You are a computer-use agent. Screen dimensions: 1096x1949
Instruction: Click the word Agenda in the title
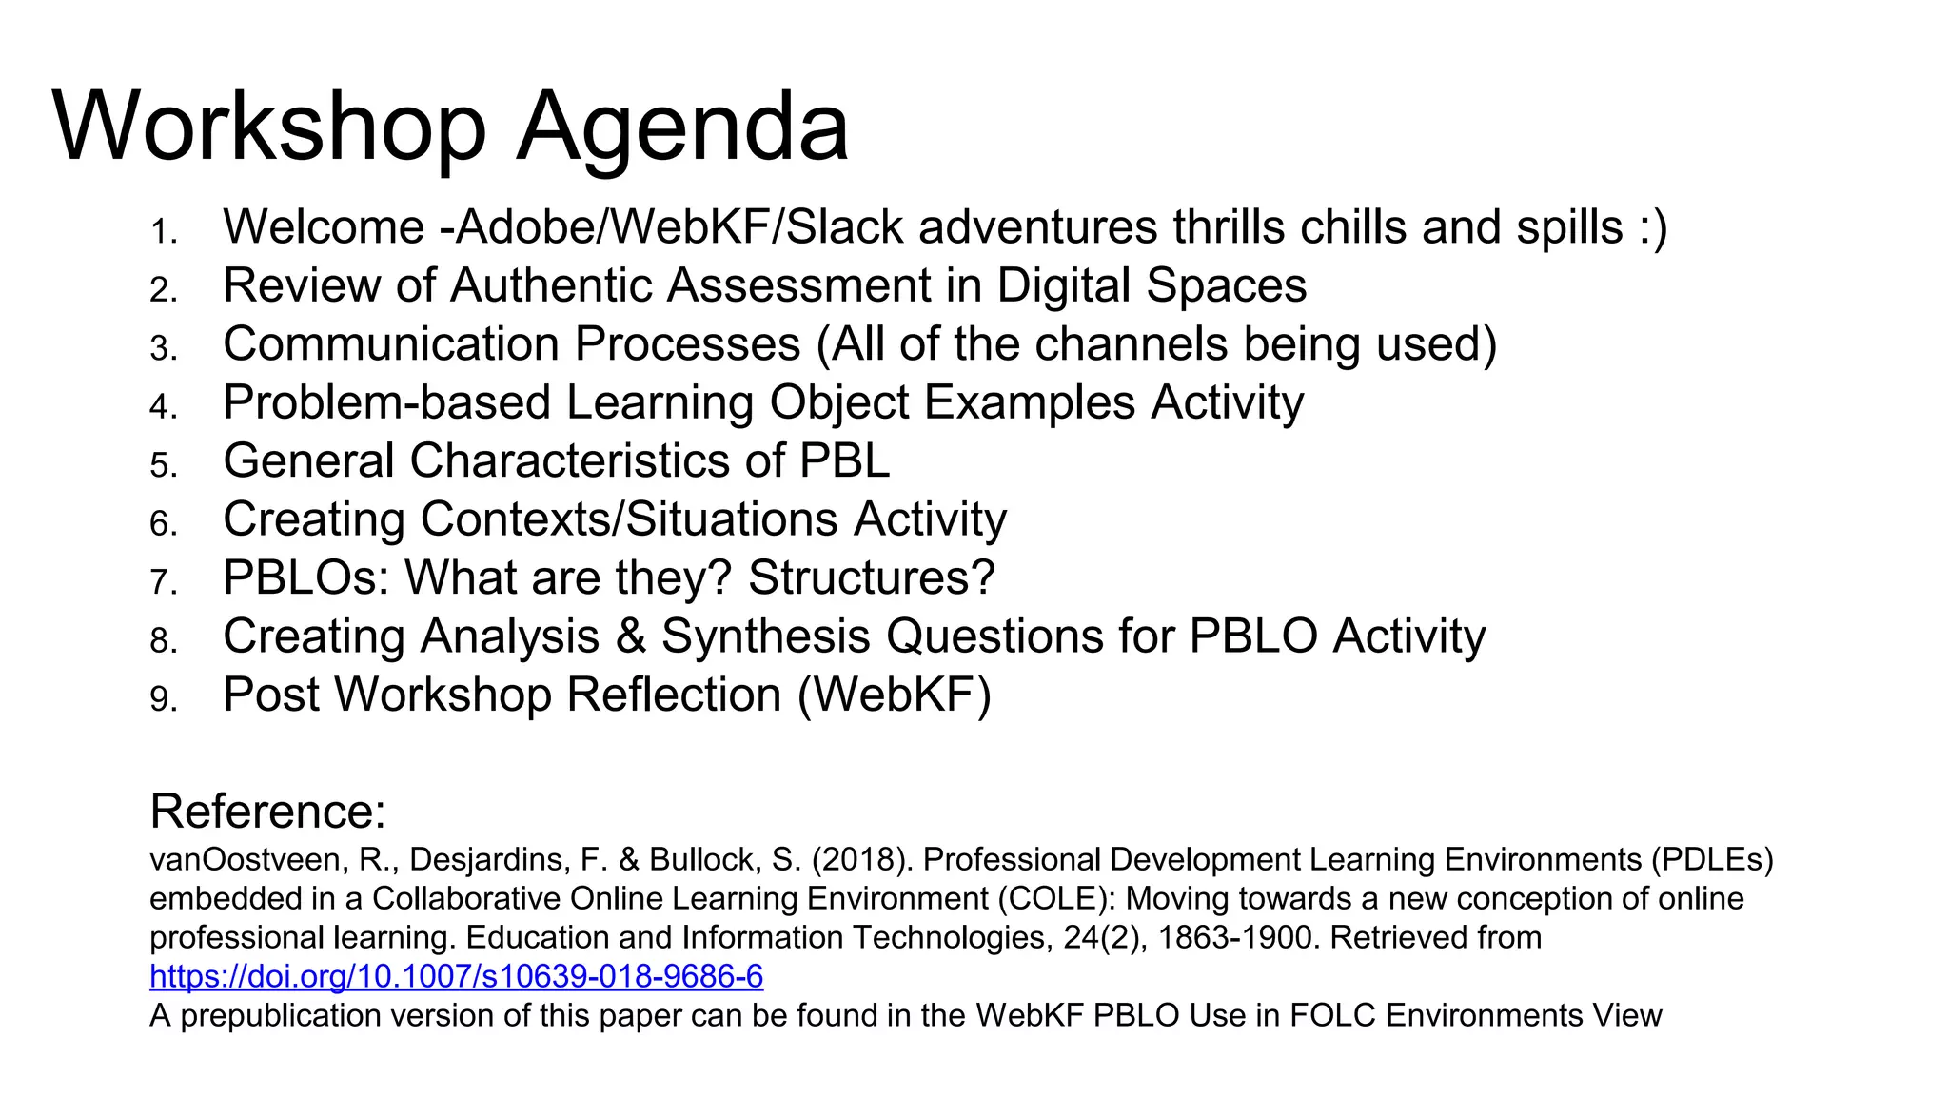point(681,128)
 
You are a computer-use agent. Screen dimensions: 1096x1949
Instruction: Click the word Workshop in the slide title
point(269,128)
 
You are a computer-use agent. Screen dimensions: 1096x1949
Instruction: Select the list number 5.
point(163,465)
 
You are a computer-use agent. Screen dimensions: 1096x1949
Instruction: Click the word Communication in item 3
point(390,344)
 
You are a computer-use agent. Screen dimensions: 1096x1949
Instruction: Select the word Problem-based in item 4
point(386,403)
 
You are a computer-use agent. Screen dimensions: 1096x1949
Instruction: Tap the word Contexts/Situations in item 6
point(629,520)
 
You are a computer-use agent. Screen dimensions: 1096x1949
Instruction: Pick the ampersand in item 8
point(630,637)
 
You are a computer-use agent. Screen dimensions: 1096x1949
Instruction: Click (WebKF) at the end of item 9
point(895,695)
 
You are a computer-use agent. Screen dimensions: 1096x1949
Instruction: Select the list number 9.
point(163,699)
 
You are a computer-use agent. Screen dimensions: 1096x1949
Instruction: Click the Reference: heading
point(267,812)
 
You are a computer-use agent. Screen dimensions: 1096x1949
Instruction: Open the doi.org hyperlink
point(456,977)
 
